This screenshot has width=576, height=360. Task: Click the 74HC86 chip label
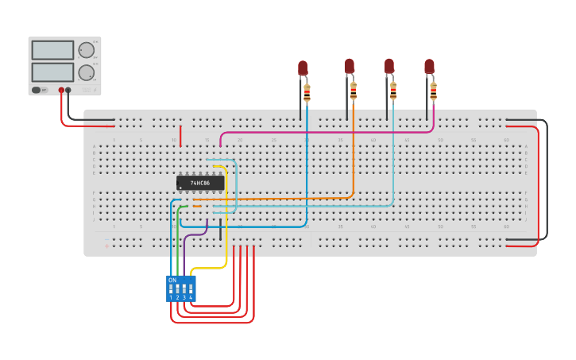click(199, 183)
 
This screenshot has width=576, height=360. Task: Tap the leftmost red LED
click(303, 68)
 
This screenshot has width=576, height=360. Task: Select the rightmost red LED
click(429, 67)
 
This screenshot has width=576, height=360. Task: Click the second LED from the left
click(349, 66)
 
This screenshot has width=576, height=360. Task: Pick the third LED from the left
click(389, 66)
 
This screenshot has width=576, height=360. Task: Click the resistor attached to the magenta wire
click(433, 91)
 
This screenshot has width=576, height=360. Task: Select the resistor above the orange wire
click(354, 90)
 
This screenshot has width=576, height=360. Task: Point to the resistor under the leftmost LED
click(307, 92)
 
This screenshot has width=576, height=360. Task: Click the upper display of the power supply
click(52, 50)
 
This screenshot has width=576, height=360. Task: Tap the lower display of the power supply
click(52, 72)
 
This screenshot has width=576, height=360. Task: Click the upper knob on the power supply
click(86, 50)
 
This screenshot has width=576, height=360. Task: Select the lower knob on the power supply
click(86, 73)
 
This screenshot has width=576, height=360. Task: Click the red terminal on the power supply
click(61, 91)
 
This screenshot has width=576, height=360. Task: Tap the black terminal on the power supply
click(68, 91)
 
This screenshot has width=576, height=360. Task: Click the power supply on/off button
click(36, 91)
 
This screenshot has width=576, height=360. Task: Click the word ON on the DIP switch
click(172, 281)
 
